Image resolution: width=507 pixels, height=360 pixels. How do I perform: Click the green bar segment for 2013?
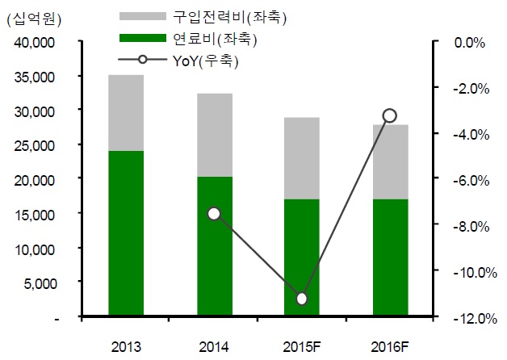[126, 233]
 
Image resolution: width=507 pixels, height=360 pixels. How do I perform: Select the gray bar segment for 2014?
[215, 135]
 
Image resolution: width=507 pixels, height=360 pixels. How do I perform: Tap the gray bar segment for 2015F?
[302, 158]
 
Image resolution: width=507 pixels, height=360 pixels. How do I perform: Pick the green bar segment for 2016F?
[390, 257]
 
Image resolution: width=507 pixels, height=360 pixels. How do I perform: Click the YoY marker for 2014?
[214, 214]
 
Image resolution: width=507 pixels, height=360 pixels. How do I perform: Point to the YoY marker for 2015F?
[302, 299]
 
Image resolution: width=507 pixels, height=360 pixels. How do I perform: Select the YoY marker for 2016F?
[390, 115]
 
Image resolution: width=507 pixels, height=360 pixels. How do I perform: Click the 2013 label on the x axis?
[126, 346]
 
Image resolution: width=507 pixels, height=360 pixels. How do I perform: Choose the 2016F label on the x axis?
[390, 346]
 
